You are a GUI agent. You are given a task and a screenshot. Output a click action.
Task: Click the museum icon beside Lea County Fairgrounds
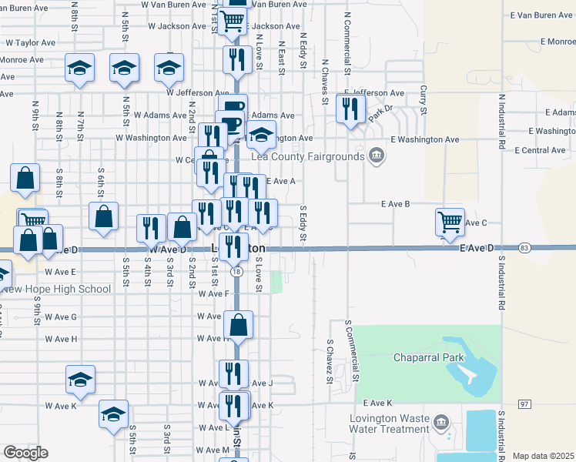376,156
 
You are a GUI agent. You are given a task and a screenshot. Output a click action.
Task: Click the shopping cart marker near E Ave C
450,222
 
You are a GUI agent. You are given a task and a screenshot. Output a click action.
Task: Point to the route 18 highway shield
236,272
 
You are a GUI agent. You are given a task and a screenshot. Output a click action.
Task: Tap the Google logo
25,453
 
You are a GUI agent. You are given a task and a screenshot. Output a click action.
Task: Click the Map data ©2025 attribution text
542,457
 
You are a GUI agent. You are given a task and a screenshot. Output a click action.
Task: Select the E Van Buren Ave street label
542,15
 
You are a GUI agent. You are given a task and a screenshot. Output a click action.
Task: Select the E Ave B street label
395,204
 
